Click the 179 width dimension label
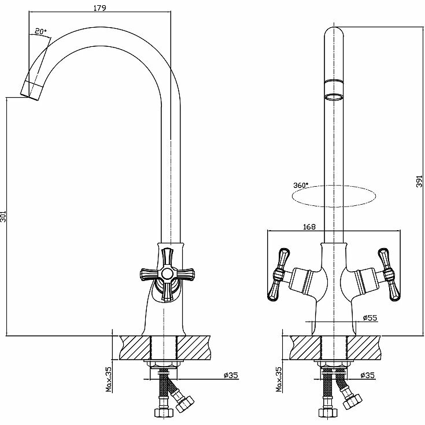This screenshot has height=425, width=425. (97, 8)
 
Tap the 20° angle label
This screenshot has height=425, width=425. (40, 32)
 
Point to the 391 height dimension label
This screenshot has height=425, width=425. (420, 181)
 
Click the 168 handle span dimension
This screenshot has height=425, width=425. (309, 227)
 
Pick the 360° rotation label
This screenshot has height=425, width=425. (301, 185)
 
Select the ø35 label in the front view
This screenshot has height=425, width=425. (368, 376)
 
